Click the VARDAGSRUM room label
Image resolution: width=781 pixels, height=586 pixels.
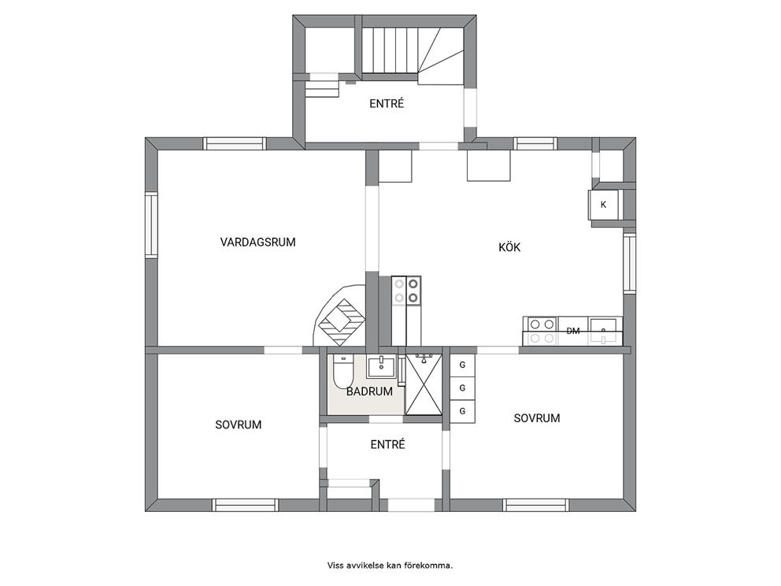coord(257,242)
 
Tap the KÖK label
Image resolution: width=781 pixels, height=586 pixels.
coord(509,247)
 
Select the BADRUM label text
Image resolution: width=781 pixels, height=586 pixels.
coord(369,391)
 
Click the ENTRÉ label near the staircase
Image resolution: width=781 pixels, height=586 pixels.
coord(387,104)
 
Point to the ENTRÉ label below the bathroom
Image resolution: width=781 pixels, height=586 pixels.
coord(387,444)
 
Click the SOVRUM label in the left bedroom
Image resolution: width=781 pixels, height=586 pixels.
coord(238,425)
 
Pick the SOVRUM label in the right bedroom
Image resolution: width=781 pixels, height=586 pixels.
coord(536,418)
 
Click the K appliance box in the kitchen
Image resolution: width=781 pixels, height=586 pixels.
coord(604,205)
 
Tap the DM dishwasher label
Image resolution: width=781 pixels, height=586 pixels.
coord(573,331)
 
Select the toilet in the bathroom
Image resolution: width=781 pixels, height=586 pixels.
coord(342,371)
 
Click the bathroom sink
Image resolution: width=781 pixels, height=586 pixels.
coord(381,367)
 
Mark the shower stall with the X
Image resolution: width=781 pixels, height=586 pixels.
coord(424,384)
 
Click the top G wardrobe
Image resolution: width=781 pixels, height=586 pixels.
coord(462,365)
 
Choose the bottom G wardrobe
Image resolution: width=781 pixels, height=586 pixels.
coord(462,411)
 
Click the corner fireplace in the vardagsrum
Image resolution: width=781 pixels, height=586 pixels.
coord(341,315)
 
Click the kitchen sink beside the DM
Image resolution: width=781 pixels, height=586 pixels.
coord(605,331)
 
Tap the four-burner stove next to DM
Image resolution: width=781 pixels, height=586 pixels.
coord(540,331)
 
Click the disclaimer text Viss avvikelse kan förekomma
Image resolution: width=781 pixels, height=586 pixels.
coord(390,566)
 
